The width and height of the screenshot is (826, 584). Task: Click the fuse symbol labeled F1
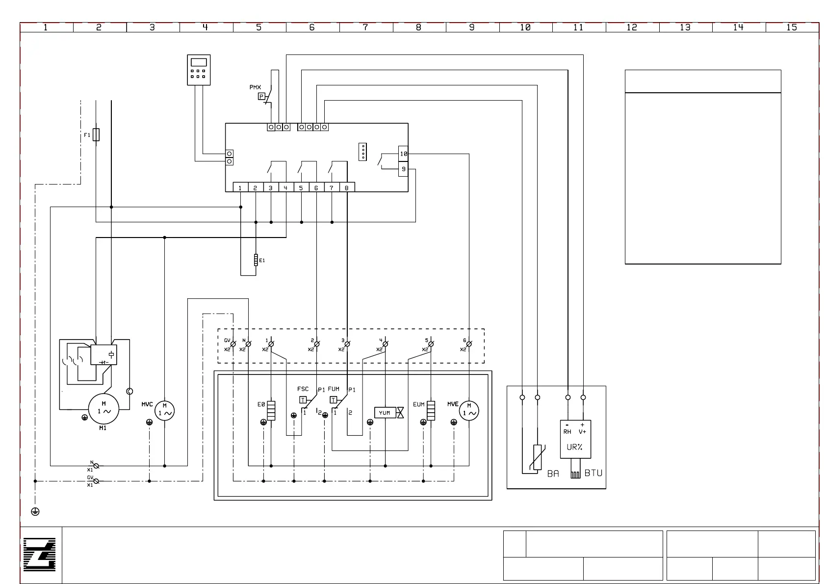point(96,134)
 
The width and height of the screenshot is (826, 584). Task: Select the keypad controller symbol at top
point(199,70)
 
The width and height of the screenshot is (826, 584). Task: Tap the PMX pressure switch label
point(255,87)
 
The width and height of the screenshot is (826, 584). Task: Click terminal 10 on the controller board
point(403,154)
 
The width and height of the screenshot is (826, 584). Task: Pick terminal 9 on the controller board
point(403,169)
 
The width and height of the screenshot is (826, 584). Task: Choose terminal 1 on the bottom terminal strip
point(240,187)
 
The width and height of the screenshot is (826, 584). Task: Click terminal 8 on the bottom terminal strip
point(347,187)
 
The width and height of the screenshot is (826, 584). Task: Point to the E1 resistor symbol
point(256,260)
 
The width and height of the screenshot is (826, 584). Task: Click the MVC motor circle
point(164,411)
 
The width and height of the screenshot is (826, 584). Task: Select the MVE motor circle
point(469,411)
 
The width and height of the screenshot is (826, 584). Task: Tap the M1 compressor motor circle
point(103,409)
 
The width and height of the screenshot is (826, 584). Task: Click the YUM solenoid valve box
point(385,413)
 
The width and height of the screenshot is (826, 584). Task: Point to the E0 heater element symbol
point(271,411)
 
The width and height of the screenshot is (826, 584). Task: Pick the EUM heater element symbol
point(431,411)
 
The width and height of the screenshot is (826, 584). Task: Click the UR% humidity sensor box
point(575,439)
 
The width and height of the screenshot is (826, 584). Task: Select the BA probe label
point(553,474)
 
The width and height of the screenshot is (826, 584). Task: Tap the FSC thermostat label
point(303,389)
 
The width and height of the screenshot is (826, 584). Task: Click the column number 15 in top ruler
point(792,27)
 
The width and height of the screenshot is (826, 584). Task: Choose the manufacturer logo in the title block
point(40,555)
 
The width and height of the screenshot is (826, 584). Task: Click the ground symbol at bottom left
point(35,511)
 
